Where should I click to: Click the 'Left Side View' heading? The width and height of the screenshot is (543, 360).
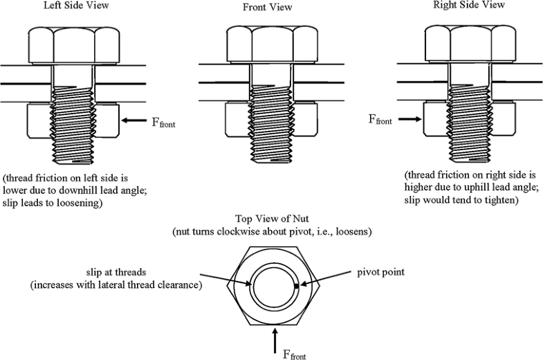click(73, 8)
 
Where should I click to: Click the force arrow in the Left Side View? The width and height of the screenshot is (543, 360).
click(135, 121)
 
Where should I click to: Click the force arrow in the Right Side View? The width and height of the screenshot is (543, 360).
click(409, 118)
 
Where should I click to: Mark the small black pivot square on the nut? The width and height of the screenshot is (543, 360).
click(296, 286)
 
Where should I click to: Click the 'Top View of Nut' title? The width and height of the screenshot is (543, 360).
click(273, 219)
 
